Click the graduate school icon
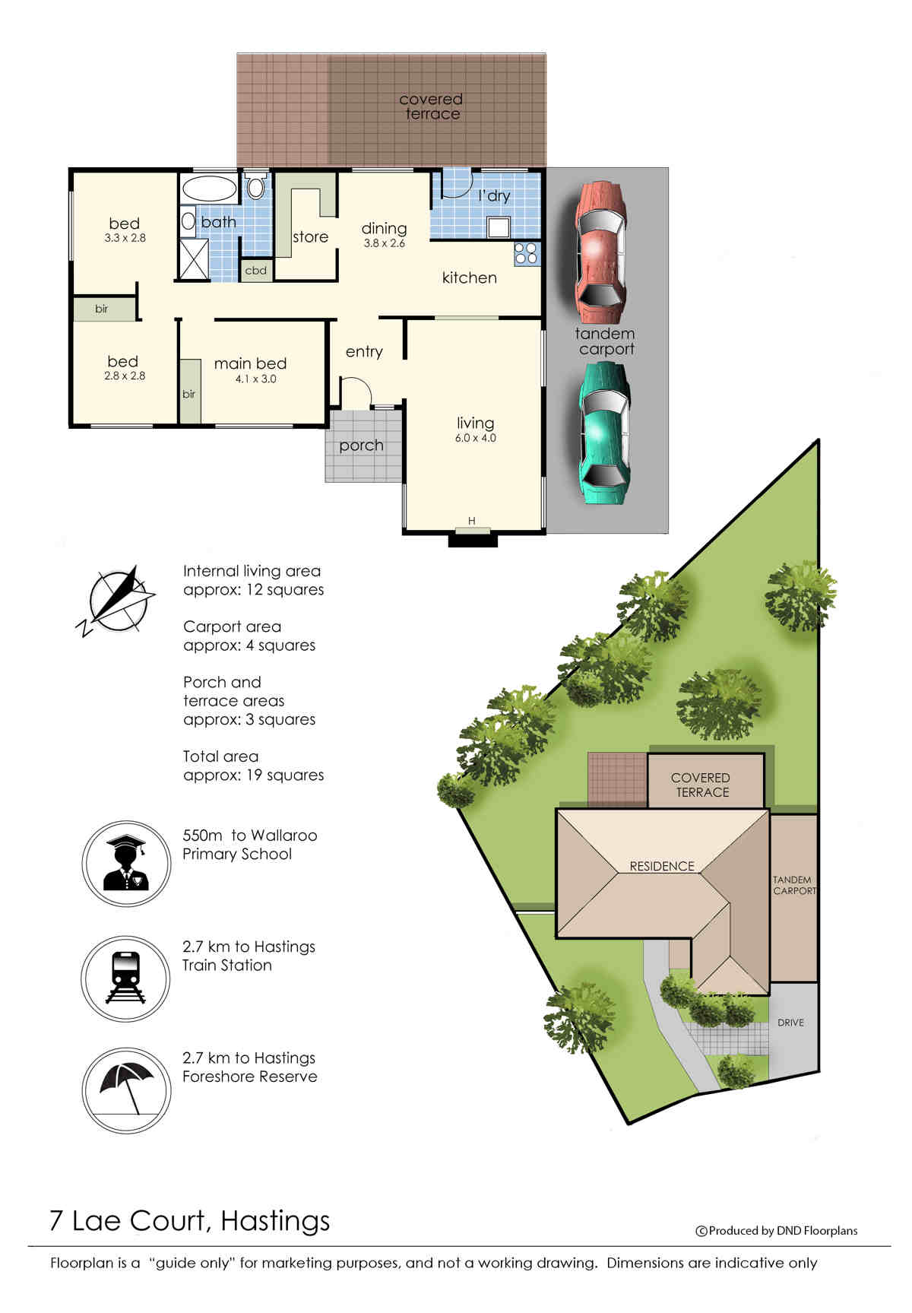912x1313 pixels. (x=126, y=863)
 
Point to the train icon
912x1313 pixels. (x=125, y=978)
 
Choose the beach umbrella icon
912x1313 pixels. (x=126, y=1090)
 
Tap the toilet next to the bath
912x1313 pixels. (x=256, y=186)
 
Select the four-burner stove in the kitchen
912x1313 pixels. (x=526, y=253)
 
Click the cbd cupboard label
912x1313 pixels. (x=256, y=270)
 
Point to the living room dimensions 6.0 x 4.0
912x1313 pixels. (x=476, y=438)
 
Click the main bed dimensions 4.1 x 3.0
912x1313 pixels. (x=256, y=379)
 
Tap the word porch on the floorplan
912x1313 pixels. (x=361, y=446)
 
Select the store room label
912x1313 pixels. (x=310, y=237)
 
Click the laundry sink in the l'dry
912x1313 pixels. (x=499, y=227)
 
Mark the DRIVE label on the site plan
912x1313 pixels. (x=790, y=1023)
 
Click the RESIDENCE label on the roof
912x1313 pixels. (x=662, y=866)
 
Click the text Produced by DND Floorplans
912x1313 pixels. (x=783, y=1231)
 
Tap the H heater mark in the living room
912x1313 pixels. (x=472, y=521)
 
